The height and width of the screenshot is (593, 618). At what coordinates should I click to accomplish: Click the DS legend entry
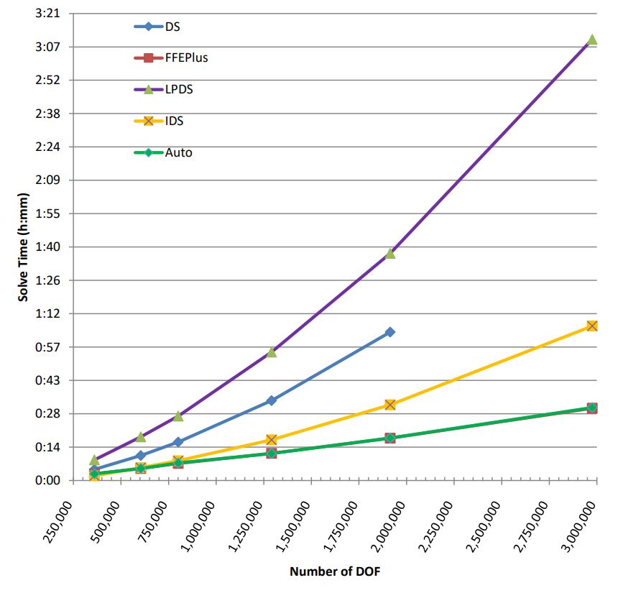(172, 27)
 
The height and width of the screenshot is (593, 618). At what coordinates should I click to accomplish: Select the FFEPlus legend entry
(186, 58)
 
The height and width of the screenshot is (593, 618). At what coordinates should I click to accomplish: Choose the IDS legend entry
(174, 121)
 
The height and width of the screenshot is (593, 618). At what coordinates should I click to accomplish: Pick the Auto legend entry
(178, 152)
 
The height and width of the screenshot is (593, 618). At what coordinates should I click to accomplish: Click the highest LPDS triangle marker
(592, 40)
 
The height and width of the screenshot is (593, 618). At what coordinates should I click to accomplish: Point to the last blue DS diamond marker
(390, 332)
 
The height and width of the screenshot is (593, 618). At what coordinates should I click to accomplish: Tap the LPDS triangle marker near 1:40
(390, 253)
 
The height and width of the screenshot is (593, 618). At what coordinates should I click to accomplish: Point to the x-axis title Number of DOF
(334, 572)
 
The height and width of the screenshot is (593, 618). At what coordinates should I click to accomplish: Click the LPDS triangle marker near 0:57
(272, 351)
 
